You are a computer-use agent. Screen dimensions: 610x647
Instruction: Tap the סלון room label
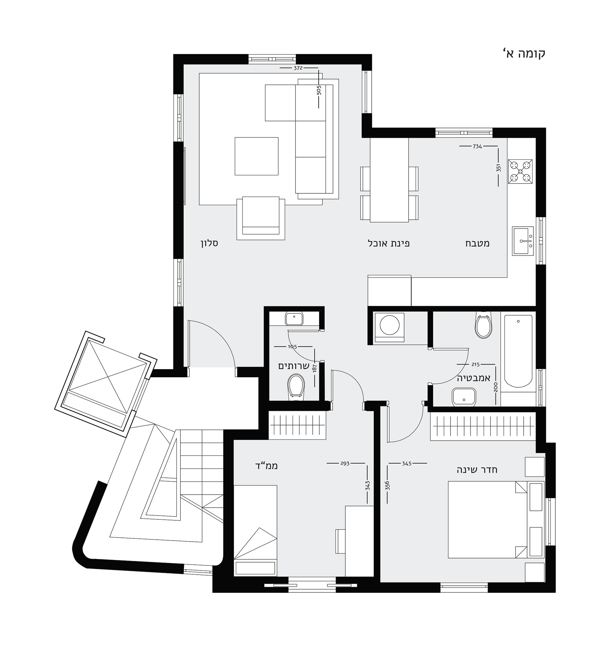209,243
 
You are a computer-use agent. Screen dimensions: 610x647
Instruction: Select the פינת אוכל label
389,243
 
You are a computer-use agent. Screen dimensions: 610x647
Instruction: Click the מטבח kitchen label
478,243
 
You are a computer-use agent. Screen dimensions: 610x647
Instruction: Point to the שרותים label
294,366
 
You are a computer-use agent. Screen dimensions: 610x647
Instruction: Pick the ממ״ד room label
267,466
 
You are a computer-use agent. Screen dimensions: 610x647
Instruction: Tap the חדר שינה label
477,470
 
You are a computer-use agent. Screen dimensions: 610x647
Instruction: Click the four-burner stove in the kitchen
520,171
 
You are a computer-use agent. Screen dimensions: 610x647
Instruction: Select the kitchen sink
523,241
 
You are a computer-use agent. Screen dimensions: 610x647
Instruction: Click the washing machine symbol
390,327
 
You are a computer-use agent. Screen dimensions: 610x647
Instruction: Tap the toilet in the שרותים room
296,386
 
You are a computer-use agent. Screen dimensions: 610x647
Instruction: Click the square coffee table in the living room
256,156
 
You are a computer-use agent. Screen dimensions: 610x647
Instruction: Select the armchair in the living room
261,218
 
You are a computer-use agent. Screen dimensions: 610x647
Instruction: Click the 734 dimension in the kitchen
477,146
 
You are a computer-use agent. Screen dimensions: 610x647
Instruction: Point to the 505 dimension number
319,90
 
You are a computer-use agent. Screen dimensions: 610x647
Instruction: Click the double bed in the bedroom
487,520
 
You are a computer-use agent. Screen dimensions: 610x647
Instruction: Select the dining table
389,180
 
